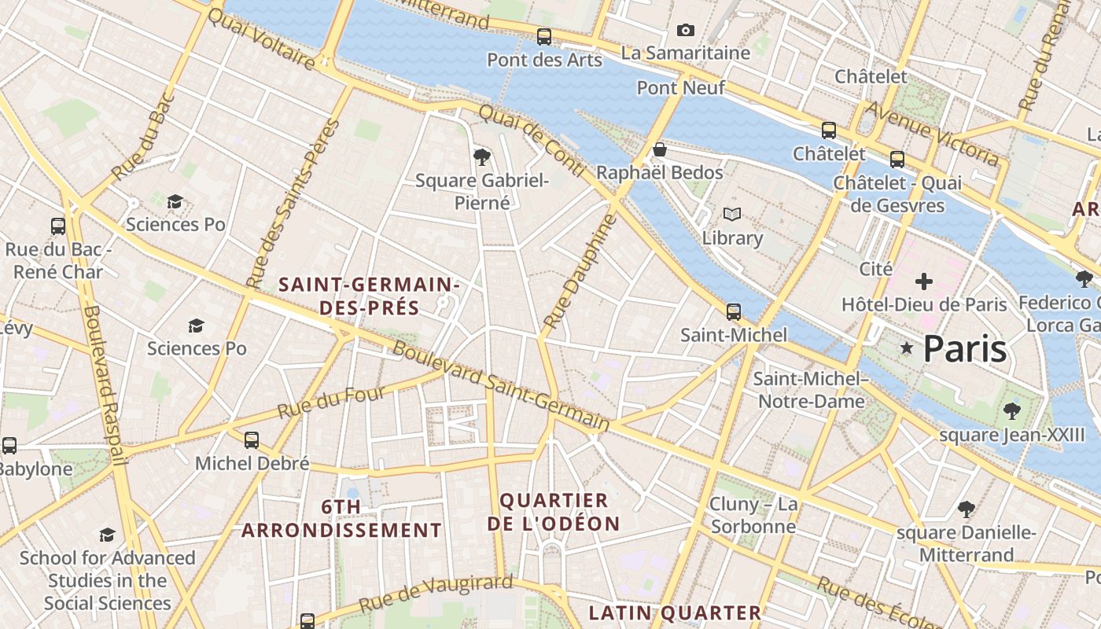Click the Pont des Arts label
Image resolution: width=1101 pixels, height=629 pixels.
coord(544,60)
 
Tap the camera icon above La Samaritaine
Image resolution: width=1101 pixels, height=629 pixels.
coord(686,31)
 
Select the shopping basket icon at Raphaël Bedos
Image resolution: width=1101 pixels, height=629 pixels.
coord(660,149)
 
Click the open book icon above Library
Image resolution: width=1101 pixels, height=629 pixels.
coord(732,215)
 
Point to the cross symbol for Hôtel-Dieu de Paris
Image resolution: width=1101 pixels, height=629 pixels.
coord(924,281)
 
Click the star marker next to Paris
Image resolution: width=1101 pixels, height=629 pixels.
coord(907,348)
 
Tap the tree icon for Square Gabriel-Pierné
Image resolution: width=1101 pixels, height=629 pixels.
coord(482,157)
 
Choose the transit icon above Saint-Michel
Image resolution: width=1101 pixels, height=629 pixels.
coord(734,312)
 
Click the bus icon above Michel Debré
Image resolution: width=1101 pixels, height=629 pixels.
coord(252,440)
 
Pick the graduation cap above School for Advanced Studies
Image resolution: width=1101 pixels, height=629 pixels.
coord(108,535)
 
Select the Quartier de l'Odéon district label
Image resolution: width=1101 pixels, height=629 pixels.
coord(554,512)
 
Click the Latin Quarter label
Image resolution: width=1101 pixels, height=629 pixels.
coord(675,612)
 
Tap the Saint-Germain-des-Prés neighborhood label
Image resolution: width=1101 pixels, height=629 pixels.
coord(369,296)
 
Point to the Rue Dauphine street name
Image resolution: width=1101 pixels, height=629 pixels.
coord(580,271)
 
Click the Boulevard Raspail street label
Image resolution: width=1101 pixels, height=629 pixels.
coord(105,384)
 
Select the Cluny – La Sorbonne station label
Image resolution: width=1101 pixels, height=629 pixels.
coord(753,515)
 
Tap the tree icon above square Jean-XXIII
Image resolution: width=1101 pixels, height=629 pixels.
coord(1012,410)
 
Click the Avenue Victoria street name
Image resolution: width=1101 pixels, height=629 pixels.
coord(931,134)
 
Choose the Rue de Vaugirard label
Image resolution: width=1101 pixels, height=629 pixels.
coord(436,594)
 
